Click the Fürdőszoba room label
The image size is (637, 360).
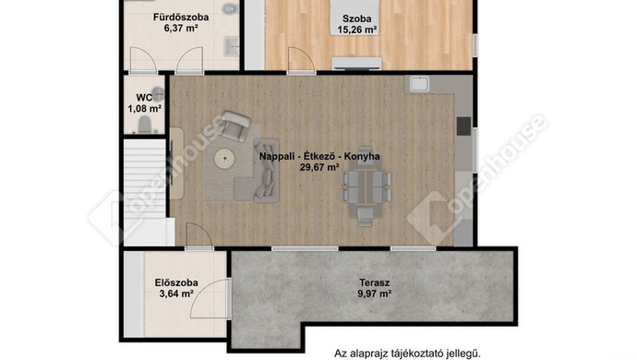click(181, 17)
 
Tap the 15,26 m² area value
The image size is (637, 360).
click(356, 30)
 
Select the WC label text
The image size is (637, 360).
click(144, 98)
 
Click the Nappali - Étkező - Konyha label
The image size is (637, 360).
click(319, 156)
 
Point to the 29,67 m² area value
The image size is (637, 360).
click(319, 167)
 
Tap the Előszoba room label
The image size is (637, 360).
click(176, 282)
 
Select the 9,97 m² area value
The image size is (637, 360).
click(374, 294)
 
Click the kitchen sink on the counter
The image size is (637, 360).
click(419, 84)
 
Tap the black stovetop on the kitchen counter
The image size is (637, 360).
click(463, 126)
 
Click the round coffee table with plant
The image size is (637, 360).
click(224, 158)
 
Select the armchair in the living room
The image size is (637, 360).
click(234, 126)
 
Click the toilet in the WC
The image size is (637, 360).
click(145, 125)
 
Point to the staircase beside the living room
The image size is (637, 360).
click(145, 191)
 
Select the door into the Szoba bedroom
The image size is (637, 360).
click(301, 60)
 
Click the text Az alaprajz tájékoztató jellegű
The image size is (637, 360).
click(407, 354)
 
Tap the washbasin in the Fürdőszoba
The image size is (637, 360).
click(232, 46)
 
